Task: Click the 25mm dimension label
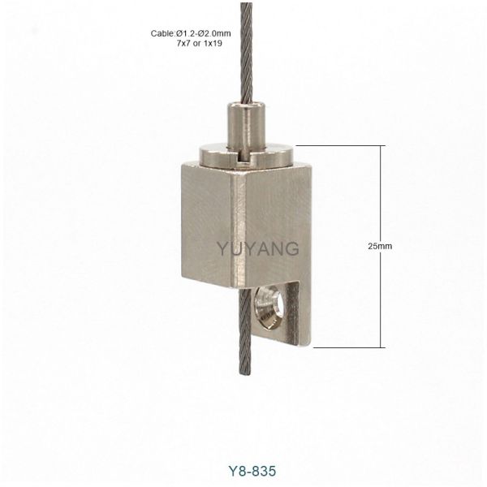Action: point(380,246)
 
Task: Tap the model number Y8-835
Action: point(252,471)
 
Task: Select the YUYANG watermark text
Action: point(258,249)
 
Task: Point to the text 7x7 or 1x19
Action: point(200,44)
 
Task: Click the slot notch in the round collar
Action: point(244,158)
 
